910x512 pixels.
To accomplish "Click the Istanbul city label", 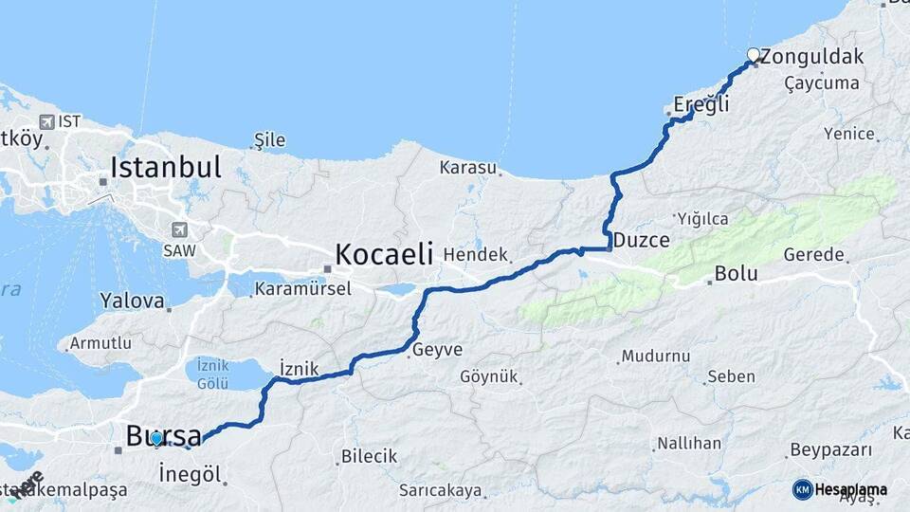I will [x=166, y=168].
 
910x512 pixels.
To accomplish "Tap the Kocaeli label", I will [x=383, y=254].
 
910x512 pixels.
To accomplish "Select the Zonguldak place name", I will [x=812, y=56].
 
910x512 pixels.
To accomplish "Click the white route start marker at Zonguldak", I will [x=754, y=55].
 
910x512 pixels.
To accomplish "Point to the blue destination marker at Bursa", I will [x=156, y=439].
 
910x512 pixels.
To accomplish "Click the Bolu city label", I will [x=736, y=274].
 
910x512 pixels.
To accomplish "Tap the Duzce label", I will [x=642, y=240].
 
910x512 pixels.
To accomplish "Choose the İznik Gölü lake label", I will [x=212, y=372].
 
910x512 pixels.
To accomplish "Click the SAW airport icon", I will [x=179, y=229].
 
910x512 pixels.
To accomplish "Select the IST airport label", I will [x=69, y=121].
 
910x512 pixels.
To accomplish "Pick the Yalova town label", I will [x=132, y=301].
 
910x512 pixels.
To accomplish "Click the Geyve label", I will [x=437, y=350].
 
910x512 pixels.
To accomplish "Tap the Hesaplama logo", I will [x=840, y=489].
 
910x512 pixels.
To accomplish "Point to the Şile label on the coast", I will [x=269, y=141].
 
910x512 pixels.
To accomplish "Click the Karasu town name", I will [x=468, y=168].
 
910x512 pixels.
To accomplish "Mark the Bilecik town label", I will [x=369, y=456].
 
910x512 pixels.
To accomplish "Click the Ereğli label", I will [x=701, y=104].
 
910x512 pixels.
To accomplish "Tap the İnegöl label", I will [x=190, y=473].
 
